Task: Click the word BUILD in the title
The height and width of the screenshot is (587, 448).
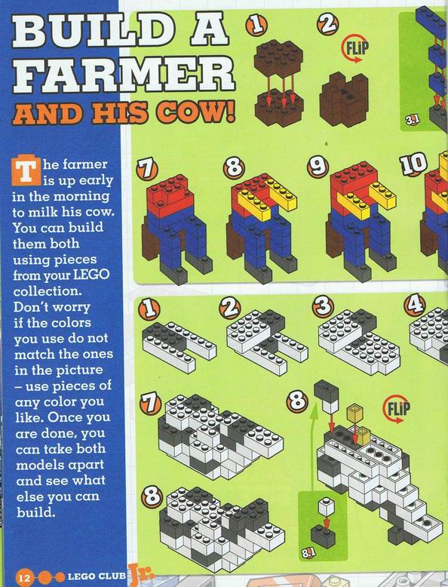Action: pos(90,32)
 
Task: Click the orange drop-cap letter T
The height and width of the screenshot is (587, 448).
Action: pos(26,171)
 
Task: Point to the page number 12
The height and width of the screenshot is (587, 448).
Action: pos(24,577)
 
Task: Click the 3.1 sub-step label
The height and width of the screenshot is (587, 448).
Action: pos(412,120)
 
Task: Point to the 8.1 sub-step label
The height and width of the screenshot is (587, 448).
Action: pos(308,552)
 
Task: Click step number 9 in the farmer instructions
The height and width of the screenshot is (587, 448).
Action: pos(318,166)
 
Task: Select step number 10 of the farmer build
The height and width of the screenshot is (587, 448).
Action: pos(413,163)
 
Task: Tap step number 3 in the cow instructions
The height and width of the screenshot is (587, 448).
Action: pos(323,306)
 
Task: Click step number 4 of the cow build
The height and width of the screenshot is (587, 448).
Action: pos(414,304)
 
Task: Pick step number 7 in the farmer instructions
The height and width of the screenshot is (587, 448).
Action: pos(147,169)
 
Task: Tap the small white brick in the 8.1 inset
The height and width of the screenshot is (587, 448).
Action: pos(327,507)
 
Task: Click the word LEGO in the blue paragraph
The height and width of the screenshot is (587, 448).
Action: pos(91,275)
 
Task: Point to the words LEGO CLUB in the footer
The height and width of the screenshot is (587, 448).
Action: pos(97,576)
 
